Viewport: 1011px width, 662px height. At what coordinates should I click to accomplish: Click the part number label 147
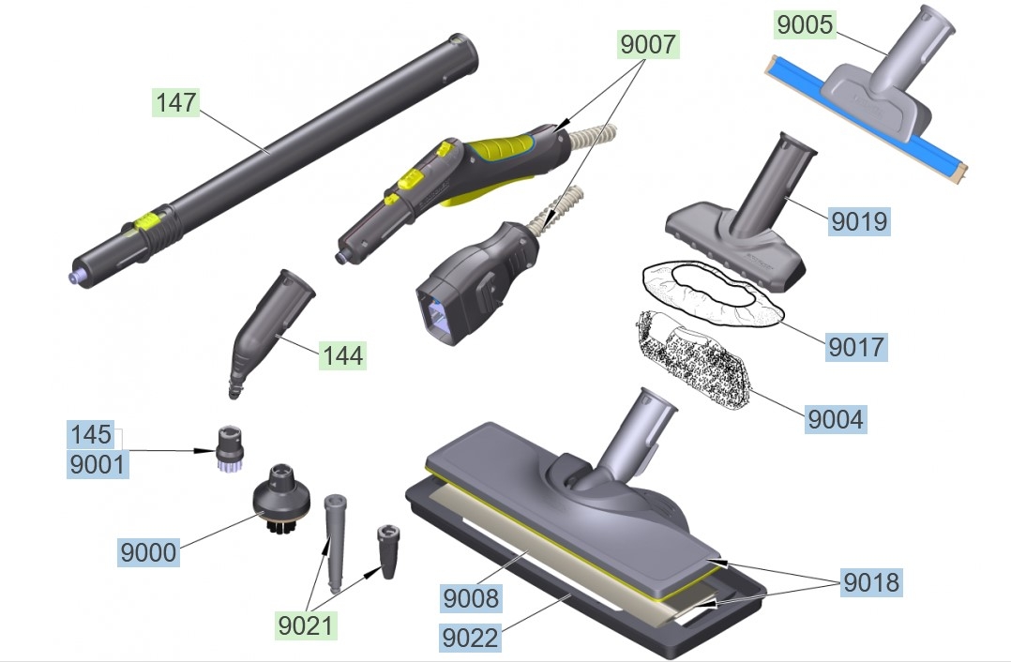[176, 102]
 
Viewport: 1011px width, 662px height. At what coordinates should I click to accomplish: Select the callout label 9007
[648, 44]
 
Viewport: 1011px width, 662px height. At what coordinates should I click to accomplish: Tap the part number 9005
[806, 24]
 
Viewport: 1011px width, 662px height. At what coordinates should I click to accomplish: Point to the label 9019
[859, 221]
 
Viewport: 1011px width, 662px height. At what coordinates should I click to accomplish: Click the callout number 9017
[856, 347]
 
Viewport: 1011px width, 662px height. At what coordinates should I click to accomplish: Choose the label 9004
[836, 419]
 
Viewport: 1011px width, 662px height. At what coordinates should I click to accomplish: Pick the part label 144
[342, 355]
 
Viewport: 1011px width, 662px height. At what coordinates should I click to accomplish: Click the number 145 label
[91, 434]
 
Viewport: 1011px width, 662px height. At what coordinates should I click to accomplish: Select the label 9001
[98, 464]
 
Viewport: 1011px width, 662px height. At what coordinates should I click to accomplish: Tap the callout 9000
[148, 552]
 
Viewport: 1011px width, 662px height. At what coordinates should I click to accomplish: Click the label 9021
[306, 625]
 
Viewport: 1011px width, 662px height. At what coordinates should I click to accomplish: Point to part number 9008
[472, 598]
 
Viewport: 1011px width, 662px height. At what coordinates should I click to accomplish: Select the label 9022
[470, 639]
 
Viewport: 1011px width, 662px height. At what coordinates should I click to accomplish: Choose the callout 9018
[871, 582]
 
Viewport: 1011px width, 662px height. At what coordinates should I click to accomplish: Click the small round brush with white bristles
[228, 448]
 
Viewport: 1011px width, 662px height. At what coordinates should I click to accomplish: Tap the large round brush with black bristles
[280, 499]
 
